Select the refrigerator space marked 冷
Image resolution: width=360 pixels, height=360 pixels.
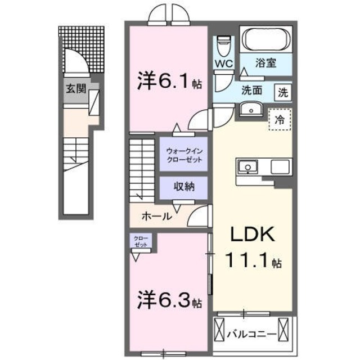click(280, 119)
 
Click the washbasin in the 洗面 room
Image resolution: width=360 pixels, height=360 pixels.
click(248, 109)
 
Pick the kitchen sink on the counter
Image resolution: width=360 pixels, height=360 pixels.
click(248, 166)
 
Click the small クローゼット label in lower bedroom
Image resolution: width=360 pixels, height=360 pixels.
click(141, 242)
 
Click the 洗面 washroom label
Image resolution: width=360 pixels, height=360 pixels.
click(252, 89)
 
